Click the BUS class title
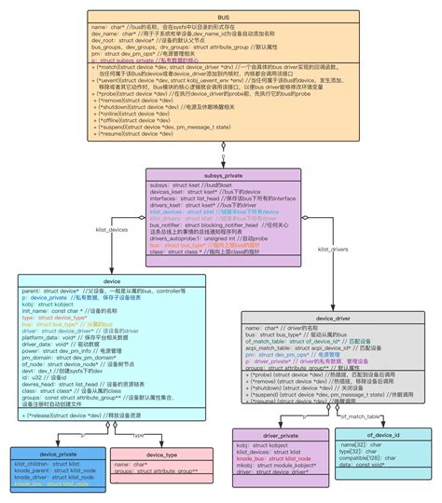pos(222,18)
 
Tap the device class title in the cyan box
pos(112,280)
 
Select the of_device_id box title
pos(381,436)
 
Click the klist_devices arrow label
pos(111,228)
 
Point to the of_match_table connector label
pos(359,416)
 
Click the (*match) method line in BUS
pos(222,68)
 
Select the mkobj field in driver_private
pos(270,466)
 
